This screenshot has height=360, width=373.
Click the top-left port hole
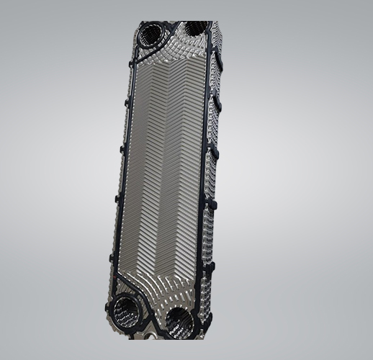tap(153, 33)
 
